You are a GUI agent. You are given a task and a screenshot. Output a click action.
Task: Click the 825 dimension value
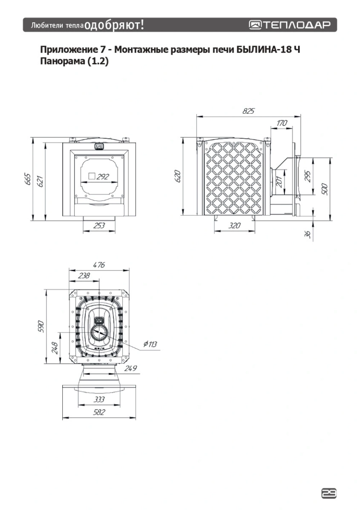248,111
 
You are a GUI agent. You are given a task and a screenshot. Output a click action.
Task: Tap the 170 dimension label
282,123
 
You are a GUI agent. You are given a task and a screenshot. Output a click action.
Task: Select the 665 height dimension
28,179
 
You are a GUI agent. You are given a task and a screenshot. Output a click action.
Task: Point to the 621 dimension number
40,182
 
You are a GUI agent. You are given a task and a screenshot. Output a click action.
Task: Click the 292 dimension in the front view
103,177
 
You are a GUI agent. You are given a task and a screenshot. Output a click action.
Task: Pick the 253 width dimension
99,226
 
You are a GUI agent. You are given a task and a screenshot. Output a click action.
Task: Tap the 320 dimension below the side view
234,226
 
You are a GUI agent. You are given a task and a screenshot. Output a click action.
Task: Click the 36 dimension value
307,234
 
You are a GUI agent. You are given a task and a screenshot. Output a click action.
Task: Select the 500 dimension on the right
325,189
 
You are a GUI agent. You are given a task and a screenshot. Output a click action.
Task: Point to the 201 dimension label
279,182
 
